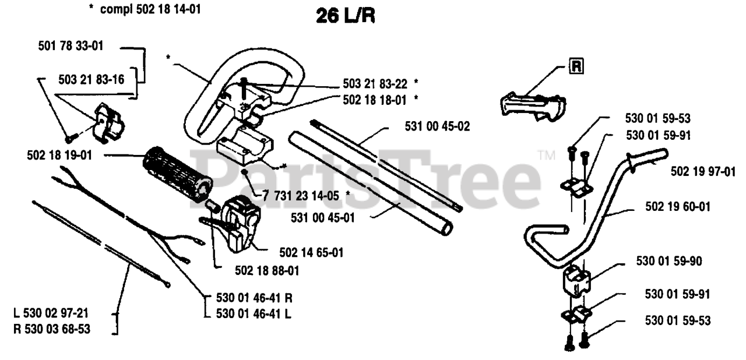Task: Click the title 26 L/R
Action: (345, 16)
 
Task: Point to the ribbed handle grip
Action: (176, 172)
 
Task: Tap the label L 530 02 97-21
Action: (52, 313)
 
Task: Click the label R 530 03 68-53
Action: (52, 330)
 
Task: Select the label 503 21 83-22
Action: (375, 83)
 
